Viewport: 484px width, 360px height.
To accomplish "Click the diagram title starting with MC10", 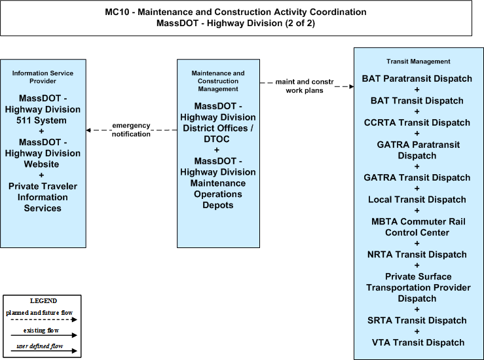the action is point(236,18).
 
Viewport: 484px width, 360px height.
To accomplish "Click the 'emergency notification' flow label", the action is point(131,130).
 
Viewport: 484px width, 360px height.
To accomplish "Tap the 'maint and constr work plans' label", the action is point(305,86).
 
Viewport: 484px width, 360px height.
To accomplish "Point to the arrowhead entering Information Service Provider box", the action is point(88,130).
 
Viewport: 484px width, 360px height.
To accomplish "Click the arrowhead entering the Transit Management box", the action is point(352,86).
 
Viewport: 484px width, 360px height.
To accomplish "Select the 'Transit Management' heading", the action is point(419,62).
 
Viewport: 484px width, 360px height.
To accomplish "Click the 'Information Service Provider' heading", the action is point(43,77).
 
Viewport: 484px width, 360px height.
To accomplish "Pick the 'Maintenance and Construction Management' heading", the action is point(218,81).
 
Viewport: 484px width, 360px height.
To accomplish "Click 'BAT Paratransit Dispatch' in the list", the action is point(417,79).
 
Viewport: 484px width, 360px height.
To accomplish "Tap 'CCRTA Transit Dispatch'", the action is point(417,122).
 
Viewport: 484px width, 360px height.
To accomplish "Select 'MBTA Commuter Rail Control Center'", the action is point(419,227).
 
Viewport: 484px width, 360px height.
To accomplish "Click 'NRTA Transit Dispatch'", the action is point(417,255).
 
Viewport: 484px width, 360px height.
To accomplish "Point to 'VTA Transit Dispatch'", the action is point(419,342).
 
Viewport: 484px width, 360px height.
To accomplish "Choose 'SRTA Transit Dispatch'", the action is point(417,321).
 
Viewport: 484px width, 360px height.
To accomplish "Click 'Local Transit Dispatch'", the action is point(417,200).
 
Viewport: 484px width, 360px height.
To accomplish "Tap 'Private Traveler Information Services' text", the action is point(43,197).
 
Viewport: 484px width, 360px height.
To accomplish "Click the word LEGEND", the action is point(43,301).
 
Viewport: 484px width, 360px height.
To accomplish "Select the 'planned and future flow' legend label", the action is point(39,312).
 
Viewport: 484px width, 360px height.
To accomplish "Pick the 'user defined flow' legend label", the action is point(40,346).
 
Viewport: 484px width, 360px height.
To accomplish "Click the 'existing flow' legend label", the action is point(41,331).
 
